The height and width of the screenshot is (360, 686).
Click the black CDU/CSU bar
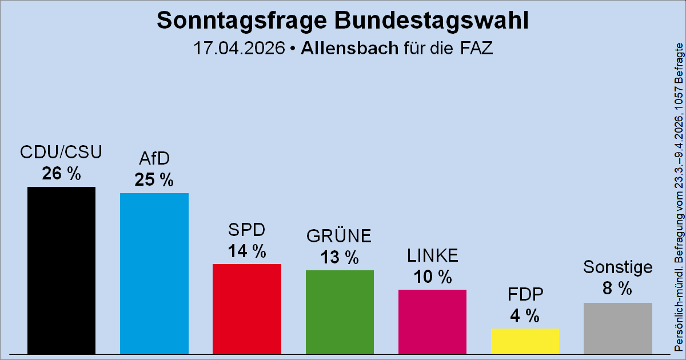point(61,270)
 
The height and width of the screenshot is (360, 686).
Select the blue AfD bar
point(154,273)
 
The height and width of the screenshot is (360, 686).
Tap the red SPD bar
point(246,309)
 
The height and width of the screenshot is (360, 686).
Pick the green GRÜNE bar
point(340,311)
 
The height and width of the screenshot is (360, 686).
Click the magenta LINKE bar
point(432,321)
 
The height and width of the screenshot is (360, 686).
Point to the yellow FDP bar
point(525,341)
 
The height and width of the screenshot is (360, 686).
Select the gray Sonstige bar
point(617,328)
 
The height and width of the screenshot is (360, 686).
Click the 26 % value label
point(61,174)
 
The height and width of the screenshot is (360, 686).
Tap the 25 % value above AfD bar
point(154,180)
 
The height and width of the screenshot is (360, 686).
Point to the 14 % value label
point(246,251)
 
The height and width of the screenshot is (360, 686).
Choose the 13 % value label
point(340,257)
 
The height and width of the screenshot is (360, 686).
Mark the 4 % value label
point(525,315)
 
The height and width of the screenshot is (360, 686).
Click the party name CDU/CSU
point(61,153)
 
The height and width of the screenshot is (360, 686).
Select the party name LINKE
point(432,255)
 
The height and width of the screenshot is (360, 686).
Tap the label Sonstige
point(617,267)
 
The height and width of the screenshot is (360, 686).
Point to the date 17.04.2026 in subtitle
point(238,48)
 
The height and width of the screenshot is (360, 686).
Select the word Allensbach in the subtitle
point(349,48)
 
